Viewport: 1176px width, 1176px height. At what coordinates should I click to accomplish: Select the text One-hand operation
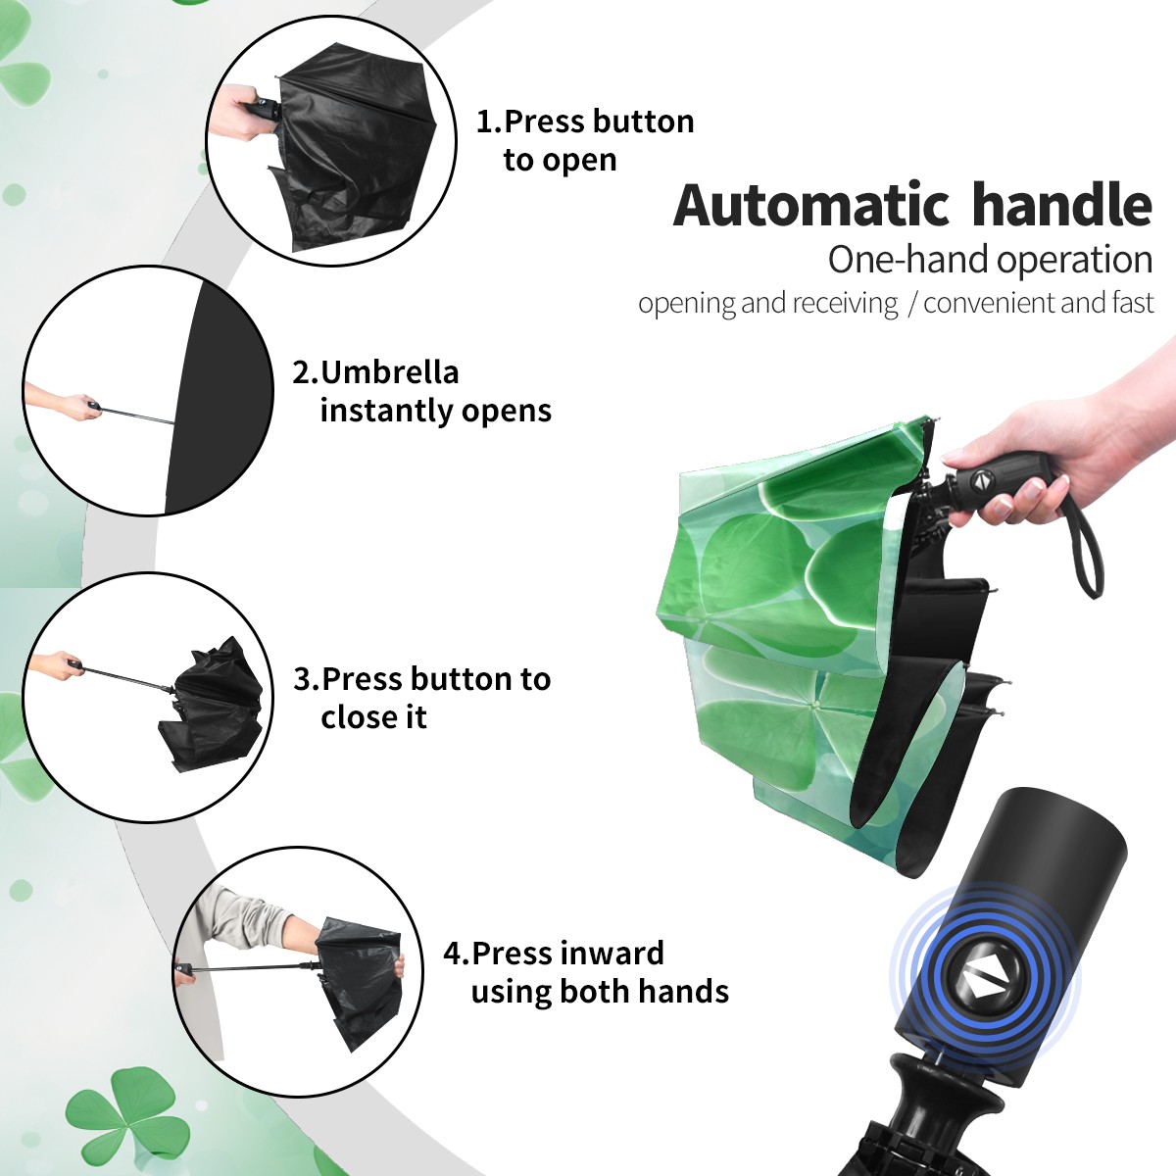990,260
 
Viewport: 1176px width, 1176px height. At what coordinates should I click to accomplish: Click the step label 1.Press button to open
585,140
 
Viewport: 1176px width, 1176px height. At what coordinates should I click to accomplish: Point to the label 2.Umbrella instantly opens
421,391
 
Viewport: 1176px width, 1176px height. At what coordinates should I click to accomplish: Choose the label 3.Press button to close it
421,698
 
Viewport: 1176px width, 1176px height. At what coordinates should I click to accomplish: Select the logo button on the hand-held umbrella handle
981,481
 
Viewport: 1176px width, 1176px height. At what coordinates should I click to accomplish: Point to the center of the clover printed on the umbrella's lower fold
812,705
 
